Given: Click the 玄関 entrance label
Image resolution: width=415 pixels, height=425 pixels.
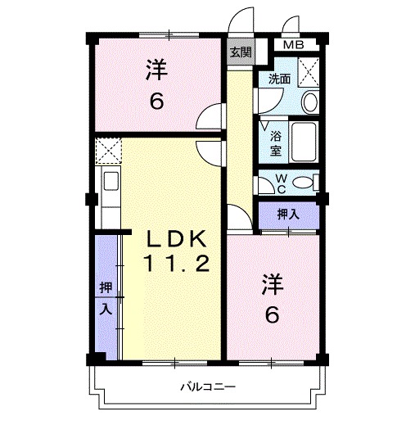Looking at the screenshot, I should pos(240,52).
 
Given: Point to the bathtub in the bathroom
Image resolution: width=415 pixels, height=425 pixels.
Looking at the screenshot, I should pos(305,142).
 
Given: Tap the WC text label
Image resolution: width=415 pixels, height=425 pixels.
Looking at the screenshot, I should pos(279,183).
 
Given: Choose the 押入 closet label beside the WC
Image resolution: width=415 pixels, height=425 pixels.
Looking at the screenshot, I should pos(287,215).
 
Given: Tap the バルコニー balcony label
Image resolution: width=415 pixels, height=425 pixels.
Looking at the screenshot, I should pos(208,386).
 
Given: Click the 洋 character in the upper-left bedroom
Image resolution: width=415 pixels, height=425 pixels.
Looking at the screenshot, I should pos(156,70).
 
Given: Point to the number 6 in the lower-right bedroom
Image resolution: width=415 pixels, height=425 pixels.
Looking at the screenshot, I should pos(272,314).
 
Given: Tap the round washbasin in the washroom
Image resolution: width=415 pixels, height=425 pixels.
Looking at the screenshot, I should pos(309,102).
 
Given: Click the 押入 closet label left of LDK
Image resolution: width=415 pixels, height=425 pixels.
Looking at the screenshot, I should pos(106,298).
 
